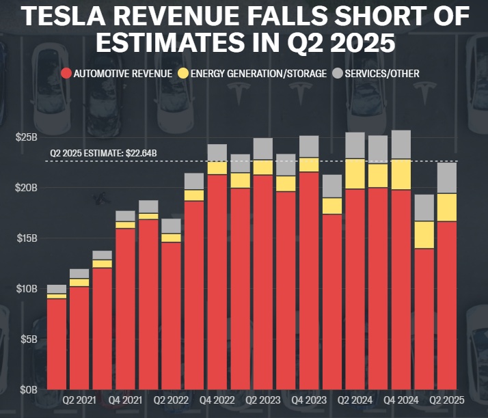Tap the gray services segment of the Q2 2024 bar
tap(355, 145)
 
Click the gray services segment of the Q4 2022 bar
tap(217, 153)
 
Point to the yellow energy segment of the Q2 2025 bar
tap(446, 207)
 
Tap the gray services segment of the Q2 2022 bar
tap(172, 226)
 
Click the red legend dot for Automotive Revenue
tap(66, 73)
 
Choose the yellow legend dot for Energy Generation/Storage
tap(183, 73)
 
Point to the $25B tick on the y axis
tap(26, 137)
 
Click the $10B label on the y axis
tap(26, 289)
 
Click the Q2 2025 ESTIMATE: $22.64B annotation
tap(104, 154)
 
